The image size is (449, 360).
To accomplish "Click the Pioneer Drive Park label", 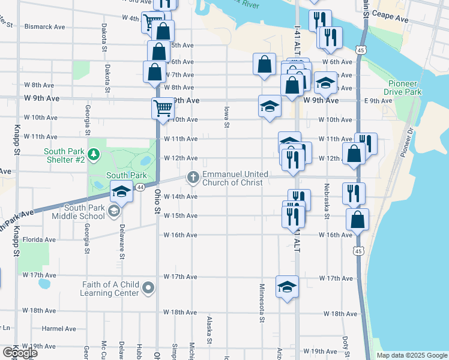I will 405,88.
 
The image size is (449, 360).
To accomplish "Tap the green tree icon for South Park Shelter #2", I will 93,155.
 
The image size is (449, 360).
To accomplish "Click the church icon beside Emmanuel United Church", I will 193,176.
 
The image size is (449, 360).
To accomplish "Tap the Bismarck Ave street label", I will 45,27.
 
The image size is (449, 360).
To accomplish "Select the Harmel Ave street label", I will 58,329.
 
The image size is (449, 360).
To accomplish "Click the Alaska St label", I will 209,330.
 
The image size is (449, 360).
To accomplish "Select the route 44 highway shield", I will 140,187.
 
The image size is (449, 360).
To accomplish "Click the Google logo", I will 20,352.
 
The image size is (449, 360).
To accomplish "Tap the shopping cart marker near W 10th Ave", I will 163,108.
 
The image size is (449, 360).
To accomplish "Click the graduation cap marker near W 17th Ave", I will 287,286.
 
